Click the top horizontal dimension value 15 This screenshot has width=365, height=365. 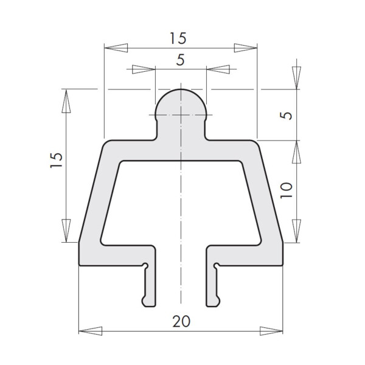(178, 38)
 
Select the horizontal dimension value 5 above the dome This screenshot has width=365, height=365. (181, 60)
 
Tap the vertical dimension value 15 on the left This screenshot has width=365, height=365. (57, 160)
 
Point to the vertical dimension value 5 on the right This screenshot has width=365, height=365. (287, 116)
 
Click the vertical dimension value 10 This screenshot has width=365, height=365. (287, 190)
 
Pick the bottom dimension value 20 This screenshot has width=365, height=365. (181, 321)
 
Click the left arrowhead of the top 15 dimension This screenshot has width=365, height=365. (116, 48)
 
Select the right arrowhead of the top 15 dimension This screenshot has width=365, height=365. (246, 48)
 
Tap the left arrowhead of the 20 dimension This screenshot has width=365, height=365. (91, 331)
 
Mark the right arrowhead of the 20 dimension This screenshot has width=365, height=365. (271, 331)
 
